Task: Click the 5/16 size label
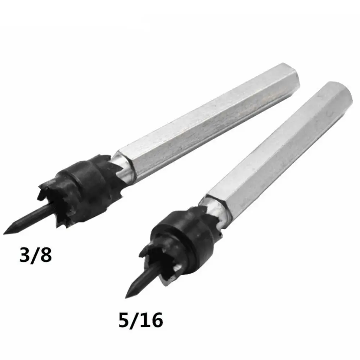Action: [140, 320]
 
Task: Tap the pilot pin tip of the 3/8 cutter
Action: [4, 234]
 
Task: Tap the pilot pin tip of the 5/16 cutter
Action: [126, 298]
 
